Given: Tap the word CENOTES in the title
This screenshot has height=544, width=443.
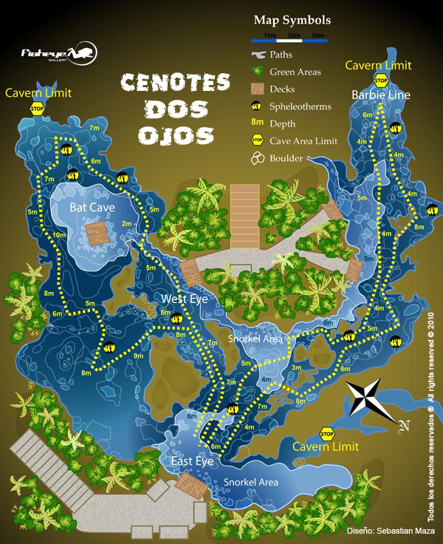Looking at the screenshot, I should click(175, 83).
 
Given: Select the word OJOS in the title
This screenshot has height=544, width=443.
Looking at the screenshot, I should click(175, 135).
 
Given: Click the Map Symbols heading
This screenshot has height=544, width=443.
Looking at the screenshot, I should click(292, 20).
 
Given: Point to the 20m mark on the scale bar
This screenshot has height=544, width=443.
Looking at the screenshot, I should click(293, 35).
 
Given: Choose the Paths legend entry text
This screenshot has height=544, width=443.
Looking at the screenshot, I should click(281, 54).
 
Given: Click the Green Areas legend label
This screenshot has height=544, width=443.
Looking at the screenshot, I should click(295, 72).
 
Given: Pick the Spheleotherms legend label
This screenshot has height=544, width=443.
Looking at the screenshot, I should click(301, 106).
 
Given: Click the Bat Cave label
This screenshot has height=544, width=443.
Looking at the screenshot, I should click(92, 208).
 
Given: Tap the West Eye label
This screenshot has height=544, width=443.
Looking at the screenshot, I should click(185, 299).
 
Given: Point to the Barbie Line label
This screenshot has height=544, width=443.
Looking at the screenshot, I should click(380, 95).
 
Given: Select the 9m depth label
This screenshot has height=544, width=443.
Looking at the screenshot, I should click(138, 356).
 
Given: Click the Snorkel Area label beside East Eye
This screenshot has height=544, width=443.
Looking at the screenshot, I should click(251, 482).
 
